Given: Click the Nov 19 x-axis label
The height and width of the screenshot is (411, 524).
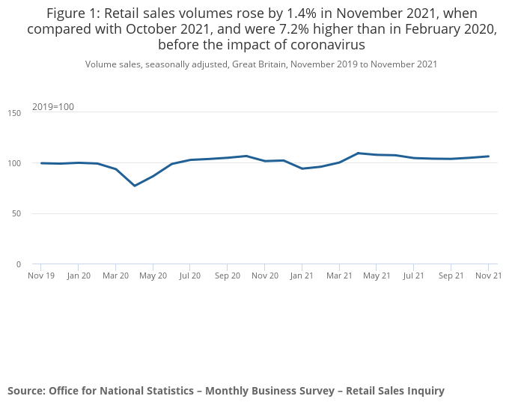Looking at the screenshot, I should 41,275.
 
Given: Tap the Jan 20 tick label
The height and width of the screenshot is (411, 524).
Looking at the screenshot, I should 79,275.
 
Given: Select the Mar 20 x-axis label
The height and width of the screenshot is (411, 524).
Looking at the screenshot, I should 115,275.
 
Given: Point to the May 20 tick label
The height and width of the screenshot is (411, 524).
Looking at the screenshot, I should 153,275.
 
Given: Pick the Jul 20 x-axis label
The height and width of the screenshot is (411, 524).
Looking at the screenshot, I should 189,275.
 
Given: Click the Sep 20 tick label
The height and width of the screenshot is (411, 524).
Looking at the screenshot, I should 227,275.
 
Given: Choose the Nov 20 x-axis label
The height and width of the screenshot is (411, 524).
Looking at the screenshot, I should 264,275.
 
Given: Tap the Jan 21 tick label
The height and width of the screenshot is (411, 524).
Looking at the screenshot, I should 302,275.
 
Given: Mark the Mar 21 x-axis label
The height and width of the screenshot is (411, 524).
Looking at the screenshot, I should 339,275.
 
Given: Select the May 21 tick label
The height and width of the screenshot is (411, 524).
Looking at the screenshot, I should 377,275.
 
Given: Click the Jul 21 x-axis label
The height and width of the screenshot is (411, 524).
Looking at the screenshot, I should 413,275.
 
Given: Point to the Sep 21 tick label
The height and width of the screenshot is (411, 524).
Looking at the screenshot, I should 451,275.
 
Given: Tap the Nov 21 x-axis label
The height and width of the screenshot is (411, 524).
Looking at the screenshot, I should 488,275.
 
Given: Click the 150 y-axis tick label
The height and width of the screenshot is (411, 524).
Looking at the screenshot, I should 15,112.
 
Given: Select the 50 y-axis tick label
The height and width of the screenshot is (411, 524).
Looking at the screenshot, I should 17,213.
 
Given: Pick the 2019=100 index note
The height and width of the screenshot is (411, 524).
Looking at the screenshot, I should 52,106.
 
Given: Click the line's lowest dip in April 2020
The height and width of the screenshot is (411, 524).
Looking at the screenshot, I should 135,186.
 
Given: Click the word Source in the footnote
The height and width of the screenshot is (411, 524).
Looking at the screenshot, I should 25,391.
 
